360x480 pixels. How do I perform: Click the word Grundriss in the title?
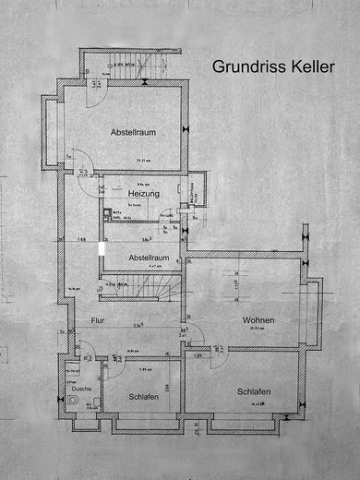[242, 66]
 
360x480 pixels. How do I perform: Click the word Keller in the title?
[310, 66]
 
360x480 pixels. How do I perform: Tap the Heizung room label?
[144, 195]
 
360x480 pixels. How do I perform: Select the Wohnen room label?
[260, 320]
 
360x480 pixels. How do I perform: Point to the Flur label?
[96, 320]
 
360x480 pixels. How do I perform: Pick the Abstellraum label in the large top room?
[132, 132]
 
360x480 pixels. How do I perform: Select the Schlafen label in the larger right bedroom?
[253, 391]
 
